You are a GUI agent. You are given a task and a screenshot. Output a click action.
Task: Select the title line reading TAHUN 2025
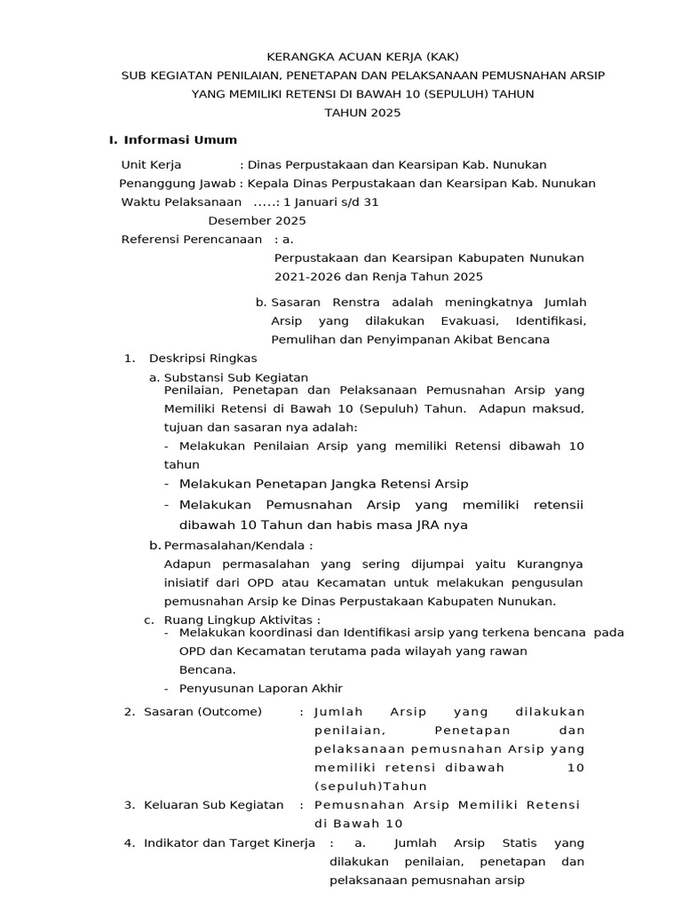pyautogui.click(x=362, y=113)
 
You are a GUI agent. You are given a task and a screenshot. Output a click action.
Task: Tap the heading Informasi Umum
pyautogui.click(x=180, y=140)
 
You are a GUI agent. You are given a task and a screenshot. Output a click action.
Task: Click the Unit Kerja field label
pyautogui.click(x=152, y=165)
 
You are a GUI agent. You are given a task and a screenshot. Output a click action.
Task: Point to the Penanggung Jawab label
pyautogui.click(x=178, y=184)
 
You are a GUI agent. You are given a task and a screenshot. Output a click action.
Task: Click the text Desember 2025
pyautogui.click(x=258, y=221)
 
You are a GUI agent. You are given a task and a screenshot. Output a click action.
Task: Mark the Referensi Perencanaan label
pyautogui.click(x=192, y=240)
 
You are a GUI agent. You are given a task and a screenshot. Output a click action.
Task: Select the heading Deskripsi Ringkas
pyautogui.click(x=203, y=358)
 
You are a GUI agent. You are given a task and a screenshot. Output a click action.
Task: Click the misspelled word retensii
pyautogui.click(x=559, y=505)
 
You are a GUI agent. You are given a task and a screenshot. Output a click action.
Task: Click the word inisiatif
pyautogui.click(x=190, y=582)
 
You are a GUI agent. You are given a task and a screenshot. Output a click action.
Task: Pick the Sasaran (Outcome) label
pyautogui.click(x=203, y=712)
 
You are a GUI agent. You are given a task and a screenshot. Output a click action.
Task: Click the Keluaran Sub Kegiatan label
pyautogui.click(x=214, y=805)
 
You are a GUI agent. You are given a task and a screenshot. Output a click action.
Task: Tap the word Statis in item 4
pyautogui.click(x=519, y=842)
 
